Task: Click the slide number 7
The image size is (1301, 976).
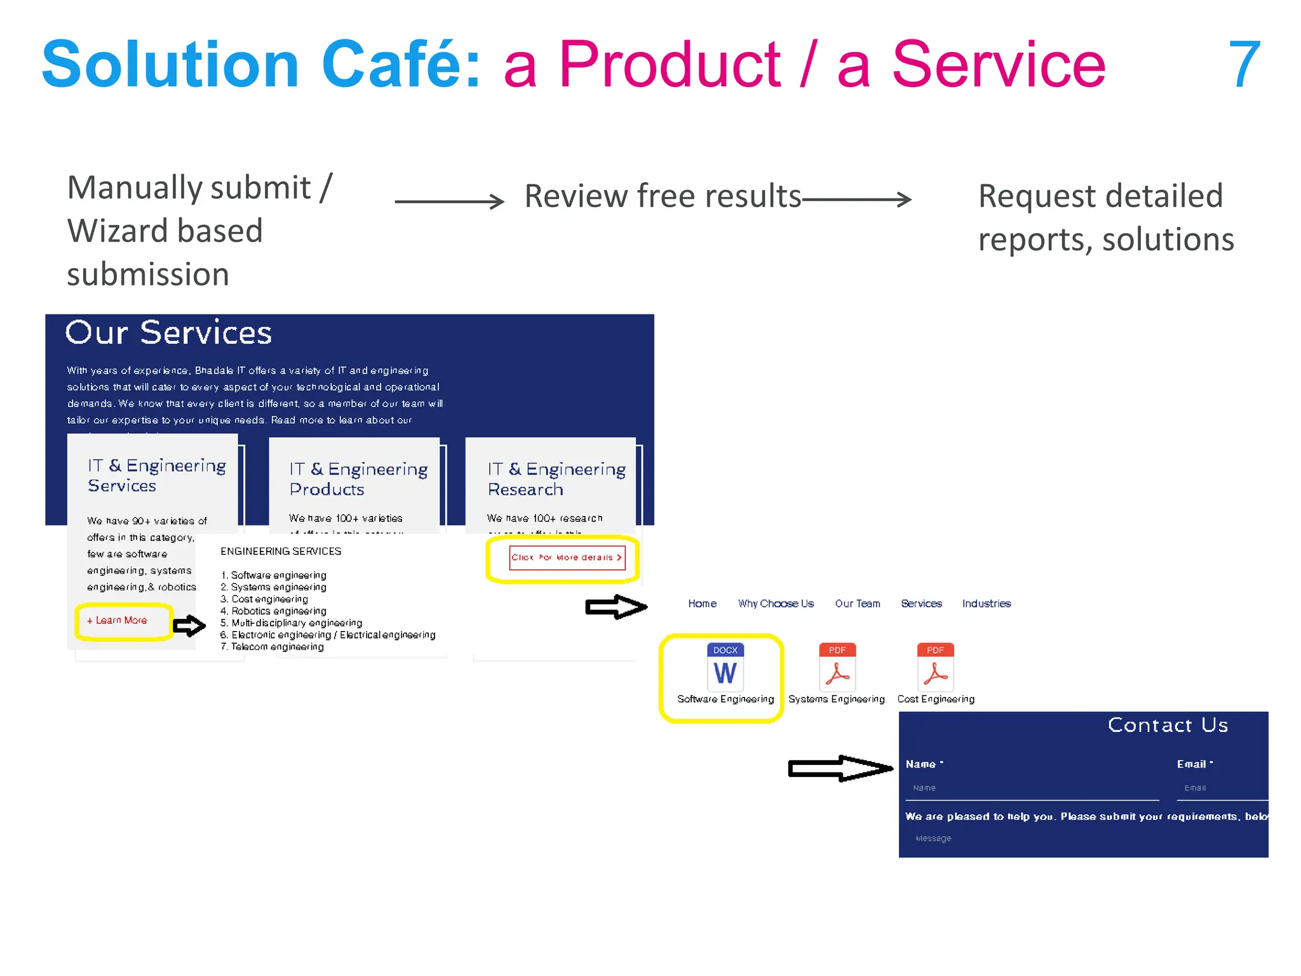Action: (1244, 64)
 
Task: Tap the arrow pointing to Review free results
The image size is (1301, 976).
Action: (449, 201)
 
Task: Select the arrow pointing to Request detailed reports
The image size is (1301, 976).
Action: (857, 200)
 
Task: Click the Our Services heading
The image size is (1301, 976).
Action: (168, 333)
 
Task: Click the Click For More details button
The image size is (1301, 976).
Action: (567, 557)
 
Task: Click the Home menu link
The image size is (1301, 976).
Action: (702, 604)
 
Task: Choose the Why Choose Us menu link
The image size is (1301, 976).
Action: (776, 604)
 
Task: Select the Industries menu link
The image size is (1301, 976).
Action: (986, 604)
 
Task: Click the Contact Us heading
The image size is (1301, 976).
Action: (1168, 725)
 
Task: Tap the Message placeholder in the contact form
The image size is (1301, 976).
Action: (933, 838)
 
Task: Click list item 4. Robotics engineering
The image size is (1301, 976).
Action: (274, 611)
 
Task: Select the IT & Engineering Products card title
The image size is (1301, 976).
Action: (358, 479)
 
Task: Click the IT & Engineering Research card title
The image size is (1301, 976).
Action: (556, 479)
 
